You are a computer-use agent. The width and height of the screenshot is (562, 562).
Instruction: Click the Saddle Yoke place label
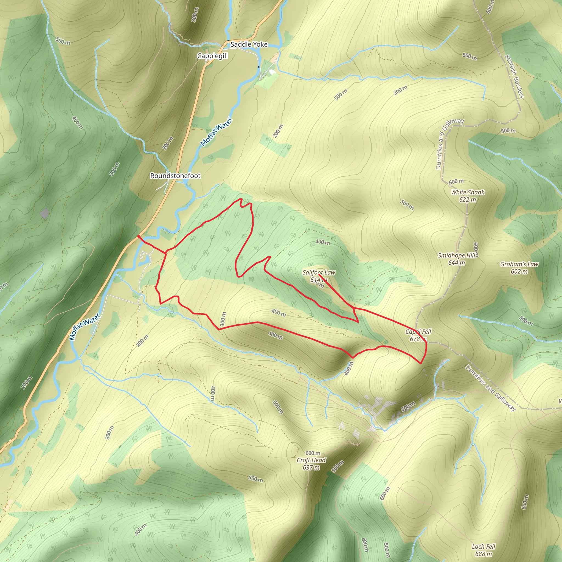(x=249, y=44)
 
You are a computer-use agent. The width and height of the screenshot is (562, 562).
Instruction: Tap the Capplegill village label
(x=212, y=56)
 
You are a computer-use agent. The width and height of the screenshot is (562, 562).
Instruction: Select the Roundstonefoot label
(x=175, y=176)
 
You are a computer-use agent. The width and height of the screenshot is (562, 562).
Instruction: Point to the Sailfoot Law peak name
(x=319, y=272)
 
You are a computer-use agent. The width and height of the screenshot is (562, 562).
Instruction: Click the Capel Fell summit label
(x=418, y=331)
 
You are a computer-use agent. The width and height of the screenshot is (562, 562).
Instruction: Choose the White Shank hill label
(x=467, y=192)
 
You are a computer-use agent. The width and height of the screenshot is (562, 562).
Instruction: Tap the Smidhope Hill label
(x=457, y=255)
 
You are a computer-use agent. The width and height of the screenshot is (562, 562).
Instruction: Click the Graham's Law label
(x=519, y=264)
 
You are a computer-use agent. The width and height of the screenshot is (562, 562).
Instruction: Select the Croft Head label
(x=311, y=460)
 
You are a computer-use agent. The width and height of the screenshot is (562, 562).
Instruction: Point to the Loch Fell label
(x=484, y=547)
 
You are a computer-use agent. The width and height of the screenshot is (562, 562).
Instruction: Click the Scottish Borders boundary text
(x=514, y=76)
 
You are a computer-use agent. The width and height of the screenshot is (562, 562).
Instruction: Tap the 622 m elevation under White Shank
(x=467, y=199)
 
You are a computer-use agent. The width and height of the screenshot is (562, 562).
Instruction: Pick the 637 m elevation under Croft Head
(x=311, y=467)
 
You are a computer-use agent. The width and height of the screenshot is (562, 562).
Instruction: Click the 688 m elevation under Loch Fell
(x=484, y=554)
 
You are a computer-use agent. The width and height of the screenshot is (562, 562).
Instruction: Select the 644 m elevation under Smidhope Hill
(x=456, y=263)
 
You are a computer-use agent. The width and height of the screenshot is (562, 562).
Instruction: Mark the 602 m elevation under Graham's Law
(x=519, y=271)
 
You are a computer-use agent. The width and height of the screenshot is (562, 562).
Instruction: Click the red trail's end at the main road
(x=138, y=236)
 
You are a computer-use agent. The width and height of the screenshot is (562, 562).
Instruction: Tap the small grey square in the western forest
(x=44, y=213)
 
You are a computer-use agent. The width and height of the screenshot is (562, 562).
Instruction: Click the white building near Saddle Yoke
(x=272, y=72)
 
